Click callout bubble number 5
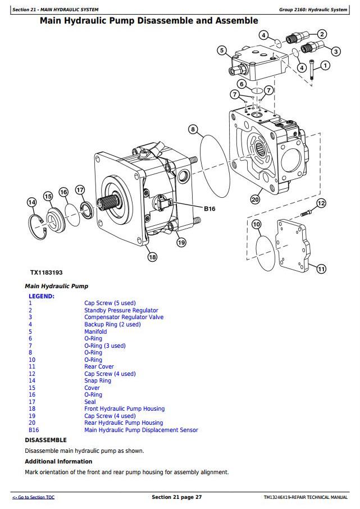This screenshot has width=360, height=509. click(222, 51)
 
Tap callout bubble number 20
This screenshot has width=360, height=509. click(255, 199)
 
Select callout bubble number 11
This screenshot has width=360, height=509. click(321, 269)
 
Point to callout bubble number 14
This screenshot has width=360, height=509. click(31, 202)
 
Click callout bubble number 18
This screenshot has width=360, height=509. click(152, 257)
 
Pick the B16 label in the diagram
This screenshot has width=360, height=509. click(209, 209)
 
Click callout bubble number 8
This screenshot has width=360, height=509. click(193, 130)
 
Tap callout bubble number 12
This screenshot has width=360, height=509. click(321, 203)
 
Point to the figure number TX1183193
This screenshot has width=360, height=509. click(47, 272)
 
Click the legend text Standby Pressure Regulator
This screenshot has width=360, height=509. click(121, 310)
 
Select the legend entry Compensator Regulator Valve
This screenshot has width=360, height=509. click(124, 317)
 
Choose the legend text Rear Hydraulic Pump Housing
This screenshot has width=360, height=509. click(124, 423)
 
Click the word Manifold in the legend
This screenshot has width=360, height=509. click(95, 331)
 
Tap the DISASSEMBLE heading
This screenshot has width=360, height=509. click(45, 440)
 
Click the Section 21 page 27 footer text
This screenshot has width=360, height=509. click(176, 497)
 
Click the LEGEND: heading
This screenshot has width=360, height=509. click(42, 296)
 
